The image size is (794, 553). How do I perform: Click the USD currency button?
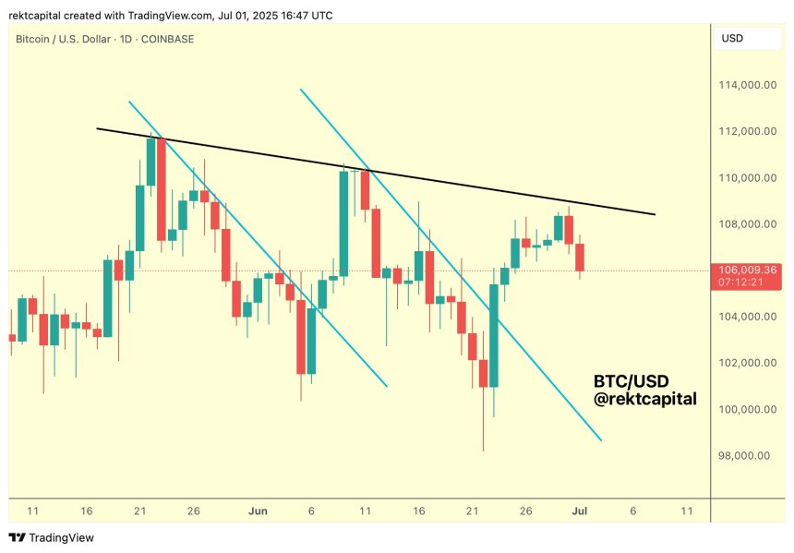(732, 39)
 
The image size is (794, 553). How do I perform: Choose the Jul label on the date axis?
(579, 511)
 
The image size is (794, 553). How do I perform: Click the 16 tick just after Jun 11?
(419, 511)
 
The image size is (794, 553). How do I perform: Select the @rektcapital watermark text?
(644, 399)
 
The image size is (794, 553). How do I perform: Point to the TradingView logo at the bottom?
(52, 537)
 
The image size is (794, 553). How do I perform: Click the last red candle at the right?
(580, 258)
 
